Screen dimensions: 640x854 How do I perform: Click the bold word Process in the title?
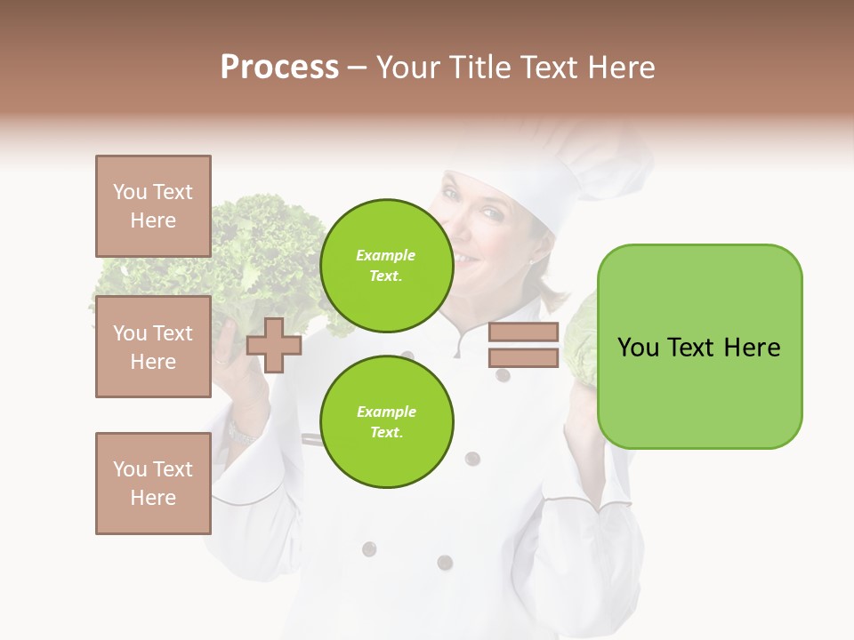click(279, 68)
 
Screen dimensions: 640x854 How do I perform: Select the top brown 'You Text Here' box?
click(153, 206)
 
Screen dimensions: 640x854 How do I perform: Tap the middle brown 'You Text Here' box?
click(153, 347)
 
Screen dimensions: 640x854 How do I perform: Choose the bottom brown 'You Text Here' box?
click(153, 484)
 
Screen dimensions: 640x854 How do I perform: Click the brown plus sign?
click(274, 345)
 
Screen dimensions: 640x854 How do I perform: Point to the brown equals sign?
click(523, 345)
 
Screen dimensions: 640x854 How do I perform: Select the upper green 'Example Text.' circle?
click(386, 266)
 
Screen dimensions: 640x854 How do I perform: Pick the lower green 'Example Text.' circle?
click(386, 422)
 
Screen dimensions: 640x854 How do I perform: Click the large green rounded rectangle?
click(699, 347)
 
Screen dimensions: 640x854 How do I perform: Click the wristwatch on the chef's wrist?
click(238, 433)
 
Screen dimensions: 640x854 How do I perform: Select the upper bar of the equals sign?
click(523, 332)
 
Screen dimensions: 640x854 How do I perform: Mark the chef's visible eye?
click(488, 214)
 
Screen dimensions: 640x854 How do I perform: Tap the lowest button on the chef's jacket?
click(445, 562)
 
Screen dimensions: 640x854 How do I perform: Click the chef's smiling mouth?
click(465, 258)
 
